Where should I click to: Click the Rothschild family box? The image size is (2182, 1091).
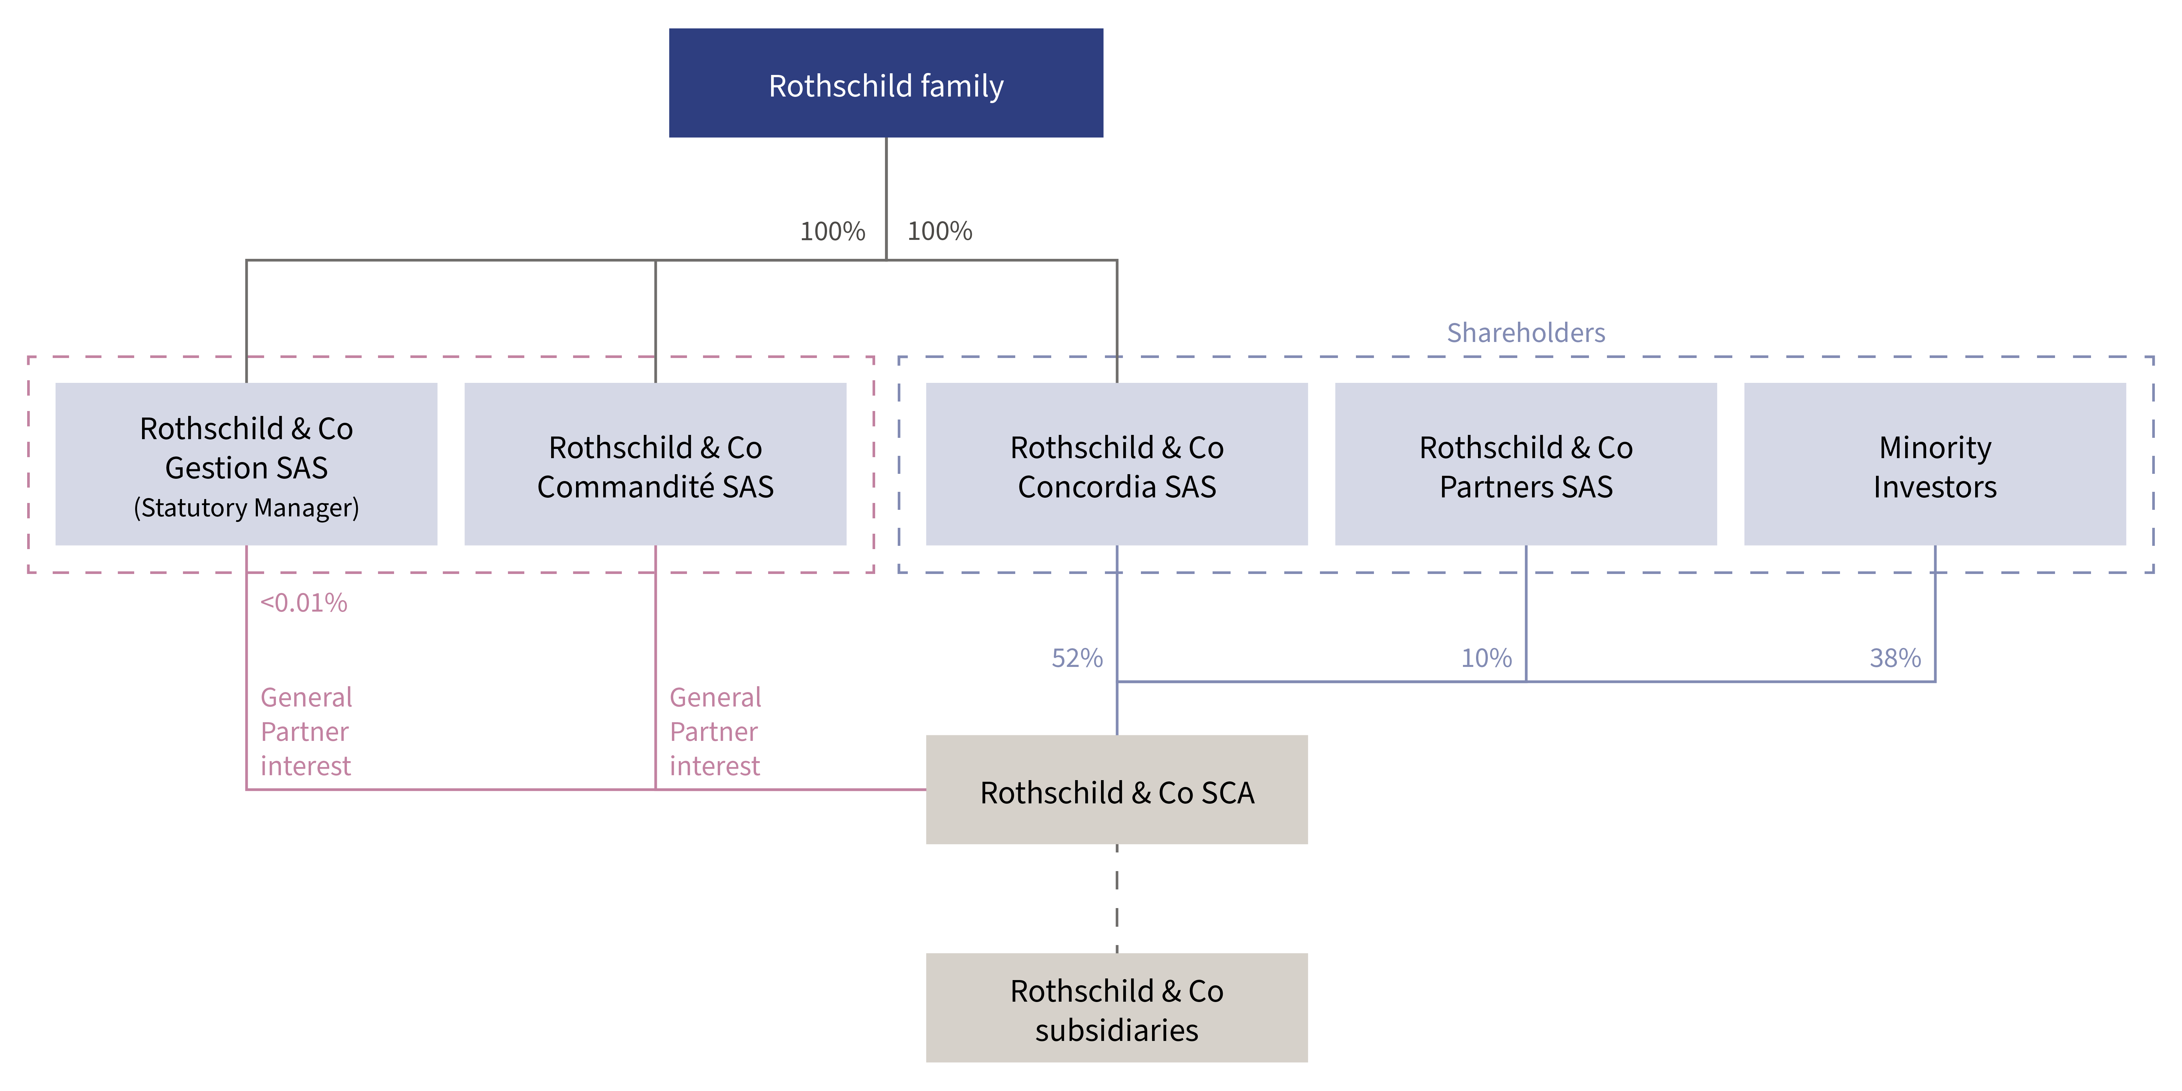coord(886,83)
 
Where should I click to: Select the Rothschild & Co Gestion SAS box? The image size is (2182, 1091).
coord(246,464)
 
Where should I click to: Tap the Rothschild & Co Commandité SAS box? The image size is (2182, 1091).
coord(656,464)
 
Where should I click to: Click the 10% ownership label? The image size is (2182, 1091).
coord(1487,658)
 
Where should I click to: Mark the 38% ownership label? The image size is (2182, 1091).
coord(1896,658)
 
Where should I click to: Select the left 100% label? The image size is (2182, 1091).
coord(833,231)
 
